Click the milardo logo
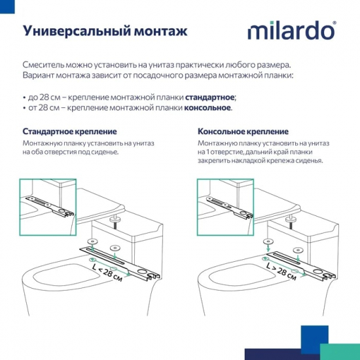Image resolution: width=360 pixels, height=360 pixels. pyautogui.click(x=291, y=31)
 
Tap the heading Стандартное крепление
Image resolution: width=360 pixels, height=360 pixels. pyautogui.click(x=69, y=131)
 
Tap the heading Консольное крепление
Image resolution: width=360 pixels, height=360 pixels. pyautogui.click(x=242, y=131)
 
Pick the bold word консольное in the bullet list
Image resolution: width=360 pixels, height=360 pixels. pyautogui.click(x=207, y=107)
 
